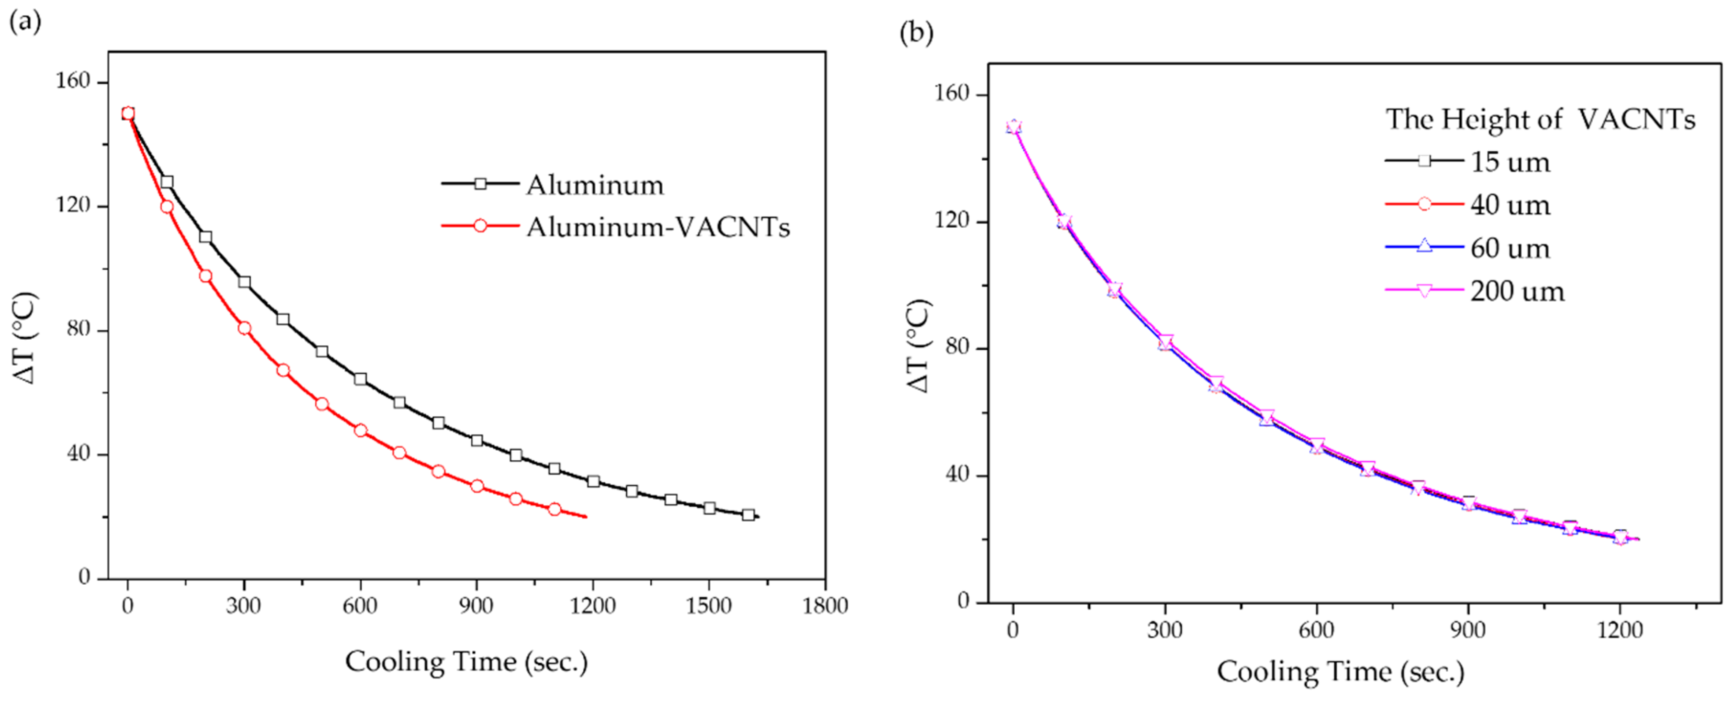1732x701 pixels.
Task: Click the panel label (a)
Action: (x=24, y=22)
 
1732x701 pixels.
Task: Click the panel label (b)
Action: (x=916, y=32)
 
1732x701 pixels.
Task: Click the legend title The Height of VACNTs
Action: (x=1540, y=119)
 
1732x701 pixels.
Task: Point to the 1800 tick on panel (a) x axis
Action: (x=825, y=605)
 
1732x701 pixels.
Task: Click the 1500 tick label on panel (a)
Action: (x=709, y=605)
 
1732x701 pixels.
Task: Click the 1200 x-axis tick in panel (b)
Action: (x=1620, y=630)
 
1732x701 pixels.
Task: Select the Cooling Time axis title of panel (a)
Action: (x=466, y=662)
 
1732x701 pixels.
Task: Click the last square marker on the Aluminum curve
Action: (x=748, y=515)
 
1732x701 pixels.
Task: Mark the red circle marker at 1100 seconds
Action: (x=554, y=509)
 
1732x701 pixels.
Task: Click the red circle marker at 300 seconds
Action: (x=244, y=328)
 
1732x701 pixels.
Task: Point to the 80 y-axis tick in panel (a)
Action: (x=78, y=329)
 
